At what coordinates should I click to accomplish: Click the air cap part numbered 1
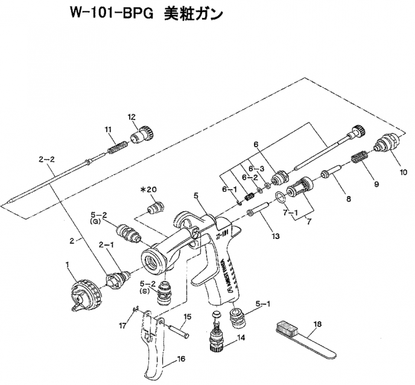[84, 294]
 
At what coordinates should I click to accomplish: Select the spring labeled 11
[115, 147]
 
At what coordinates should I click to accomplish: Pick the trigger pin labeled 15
[180, 330]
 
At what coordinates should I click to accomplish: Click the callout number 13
[274, 237]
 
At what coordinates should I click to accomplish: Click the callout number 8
[348, 197]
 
